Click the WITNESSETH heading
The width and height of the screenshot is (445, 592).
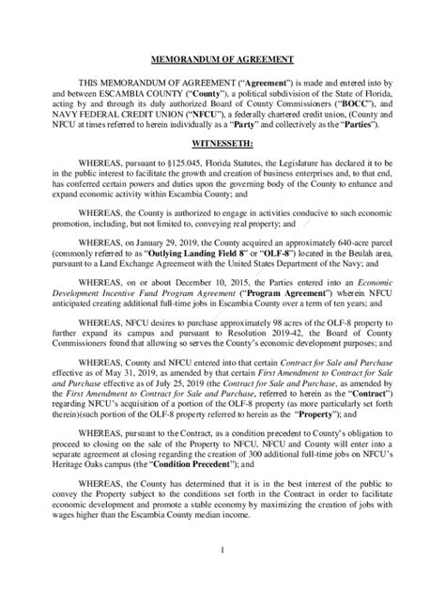tap(222, 142)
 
